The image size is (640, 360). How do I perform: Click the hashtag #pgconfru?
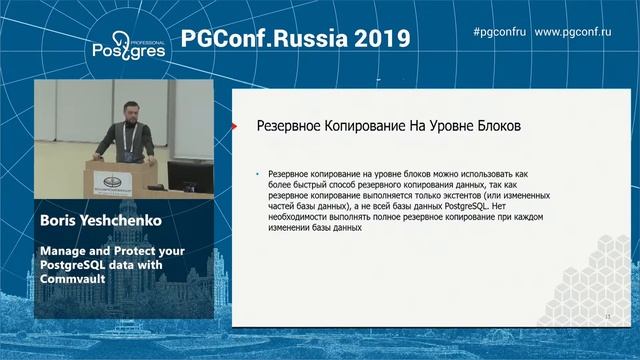[x=497, y=32]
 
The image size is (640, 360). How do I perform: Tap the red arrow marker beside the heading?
[x=233, y=128]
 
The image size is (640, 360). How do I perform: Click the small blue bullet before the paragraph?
[x=257, y=174]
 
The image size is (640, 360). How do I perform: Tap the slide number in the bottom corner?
[x=607, y=316]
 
